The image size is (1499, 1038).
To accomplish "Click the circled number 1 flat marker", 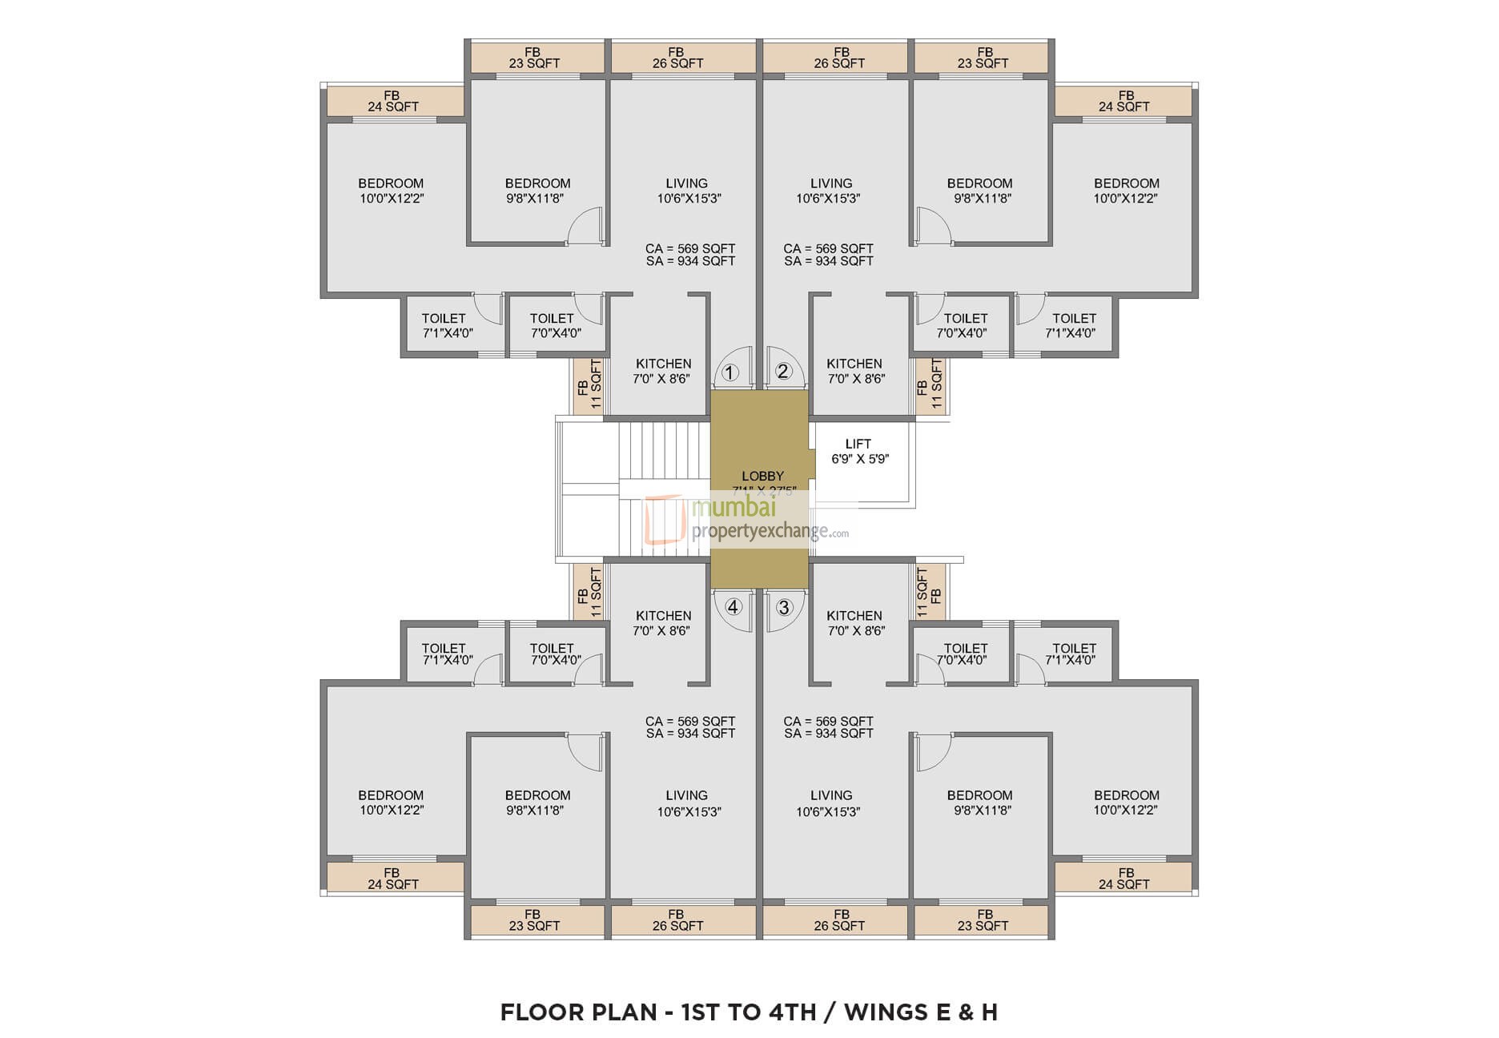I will (729, 372).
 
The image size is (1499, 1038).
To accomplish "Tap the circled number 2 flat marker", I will (783, 372).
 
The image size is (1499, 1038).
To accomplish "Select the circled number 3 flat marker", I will (783, 607).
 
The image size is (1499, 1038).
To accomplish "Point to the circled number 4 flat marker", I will (733, 607).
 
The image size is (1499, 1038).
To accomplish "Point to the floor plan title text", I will (749, 1012).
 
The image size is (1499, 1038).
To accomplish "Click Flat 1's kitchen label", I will (663, 371).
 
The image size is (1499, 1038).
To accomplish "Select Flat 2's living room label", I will (830, 191).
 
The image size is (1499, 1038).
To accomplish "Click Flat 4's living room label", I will (687, 803).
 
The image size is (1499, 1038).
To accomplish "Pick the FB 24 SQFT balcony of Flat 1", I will (393, 102).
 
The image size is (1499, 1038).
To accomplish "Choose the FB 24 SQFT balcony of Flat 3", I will (1124, 879).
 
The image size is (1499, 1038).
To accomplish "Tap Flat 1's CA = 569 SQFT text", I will (689, 249).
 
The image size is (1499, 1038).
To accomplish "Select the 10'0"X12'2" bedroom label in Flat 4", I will (391, 803).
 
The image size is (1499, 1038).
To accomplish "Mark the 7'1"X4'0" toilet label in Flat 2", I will (1073, 326).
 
